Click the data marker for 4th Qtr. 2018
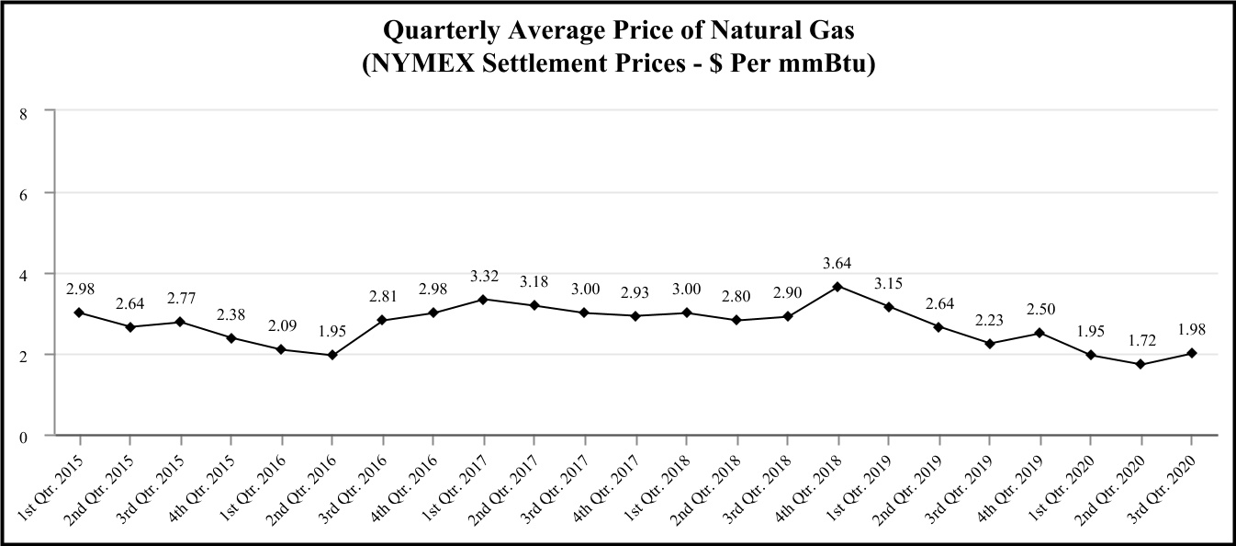coord(837,287)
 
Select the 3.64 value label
coord(837,263)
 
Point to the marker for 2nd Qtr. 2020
coord(1140,364)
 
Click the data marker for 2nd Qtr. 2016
coord(332,355)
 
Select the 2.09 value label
coord(282,325)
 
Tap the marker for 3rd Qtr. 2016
coord(383,320)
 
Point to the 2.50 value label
coord(1039,309)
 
